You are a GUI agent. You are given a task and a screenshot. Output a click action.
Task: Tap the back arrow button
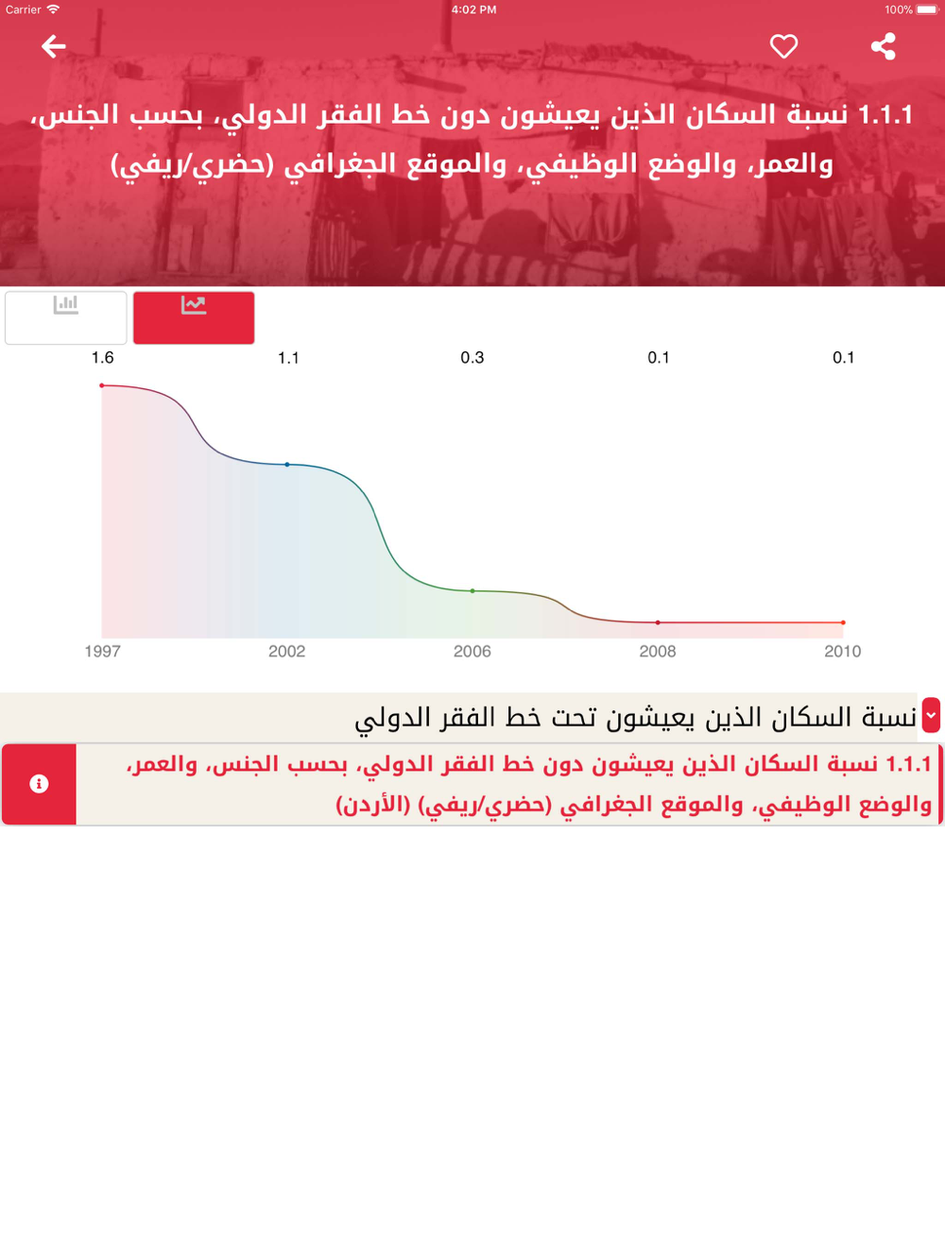(x=54, y=46)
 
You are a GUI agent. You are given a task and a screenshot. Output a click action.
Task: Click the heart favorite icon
(x=783, y=46)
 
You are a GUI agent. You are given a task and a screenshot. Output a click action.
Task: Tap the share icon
(x=884, y=46)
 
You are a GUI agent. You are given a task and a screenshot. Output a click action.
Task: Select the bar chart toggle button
(x=66, y=317)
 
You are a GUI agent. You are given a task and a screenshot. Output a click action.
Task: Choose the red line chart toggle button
(x=194, y=317)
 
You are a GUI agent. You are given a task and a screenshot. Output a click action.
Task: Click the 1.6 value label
(x=103, y=358)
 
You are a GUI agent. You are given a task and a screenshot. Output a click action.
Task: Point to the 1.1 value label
(x=288, y=358)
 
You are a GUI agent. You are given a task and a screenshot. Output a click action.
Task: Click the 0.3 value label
(x=472, y=358)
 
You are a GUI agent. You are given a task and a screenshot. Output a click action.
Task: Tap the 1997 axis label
(x=103, y=651)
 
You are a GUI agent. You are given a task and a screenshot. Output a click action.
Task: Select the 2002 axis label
(x=287, y=651)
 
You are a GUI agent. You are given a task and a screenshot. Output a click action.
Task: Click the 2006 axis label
(x=472, y=651)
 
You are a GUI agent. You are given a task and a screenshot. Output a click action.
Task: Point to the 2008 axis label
(x=658, y=651)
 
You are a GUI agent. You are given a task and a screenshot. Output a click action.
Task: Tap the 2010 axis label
(x=843, y=651)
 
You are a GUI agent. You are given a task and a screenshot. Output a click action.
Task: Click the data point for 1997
(x=102, y=385)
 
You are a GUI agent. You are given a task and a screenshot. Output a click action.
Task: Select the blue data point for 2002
(x=287, y=465)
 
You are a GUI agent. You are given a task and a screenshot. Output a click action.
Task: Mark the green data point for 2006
(x=472, y=590)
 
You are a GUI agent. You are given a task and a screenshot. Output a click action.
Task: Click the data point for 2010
(x=843, y=622)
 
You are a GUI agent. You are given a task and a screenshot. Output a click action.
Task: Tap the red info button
(x=39, y=784)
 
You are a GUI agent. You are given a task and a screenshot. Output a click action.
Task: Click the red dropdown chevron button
(x=931, y=715)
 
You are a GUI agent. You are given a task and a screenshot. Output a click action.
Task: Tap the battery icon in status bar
(x=927, y=9)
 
